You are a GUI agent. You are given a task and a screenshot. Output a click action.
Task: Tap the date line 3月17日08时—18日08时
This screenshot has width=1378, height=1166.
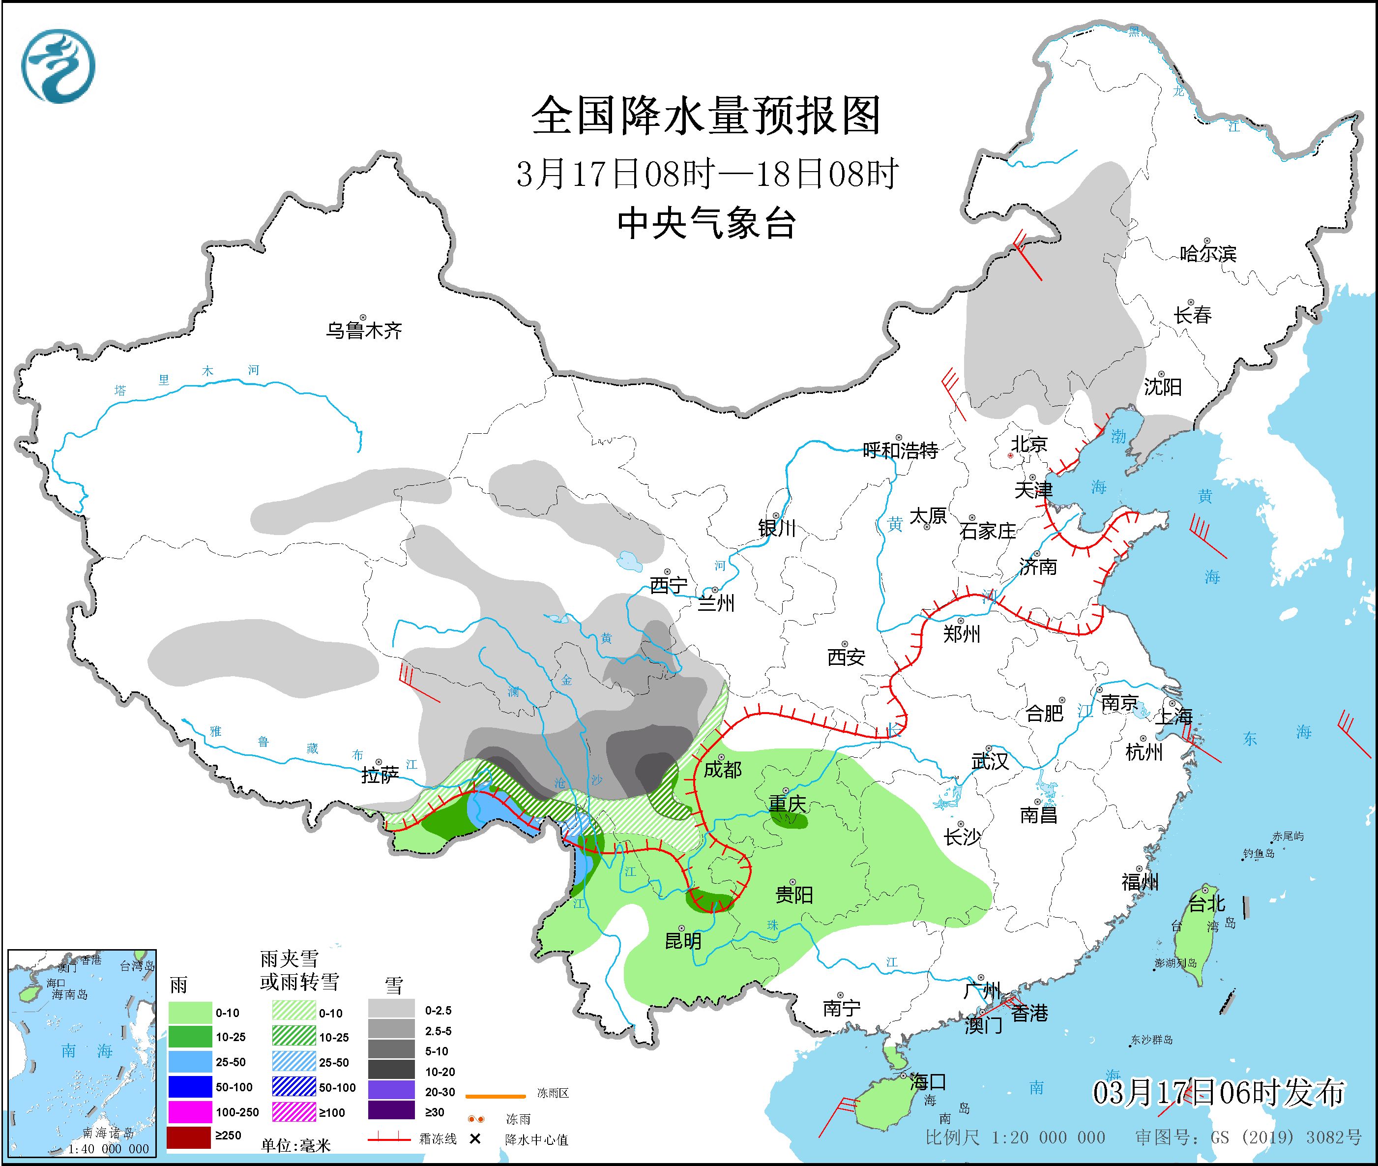pyautogui.click(x=706, y=174)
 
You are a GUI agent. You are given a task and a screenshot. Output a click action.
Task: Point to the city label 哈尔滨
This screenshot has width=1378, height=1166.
pyautogui.click(x=1207, y=254)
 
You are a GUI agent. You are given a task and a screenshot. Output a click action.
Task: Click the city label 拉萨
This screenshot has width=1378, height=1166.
pyautogui.click(x=380, y=775)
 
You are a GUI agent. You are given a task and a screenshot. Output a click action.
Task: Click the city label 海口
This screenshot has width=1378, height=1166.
pyautogui.click(x=928, y=1082)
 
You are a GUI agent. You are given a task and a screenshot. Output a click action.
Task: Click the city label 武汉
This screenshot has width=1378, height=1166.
pyautogui.click(x=990, y=761)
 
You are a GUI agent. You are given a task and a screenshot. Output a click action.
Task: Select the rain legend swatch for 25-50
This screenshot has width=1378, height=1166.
pyautogui.click(x=190, y=1062)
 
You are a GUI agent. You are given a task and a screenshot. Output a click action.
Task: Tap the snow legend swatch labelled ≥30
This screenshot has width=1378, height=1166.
pyautogui.click(x=391, y=1112)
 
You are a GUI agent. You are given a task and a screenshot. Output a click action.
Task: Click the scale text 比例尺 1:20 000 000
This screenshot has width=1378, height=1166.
pyautogui.click(x=1015, y=1137)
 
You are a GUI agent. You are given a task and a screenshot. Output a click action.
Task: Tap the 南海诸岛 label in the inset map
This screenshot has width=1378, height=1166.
pyautogui.click(x=109, y=1133)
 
